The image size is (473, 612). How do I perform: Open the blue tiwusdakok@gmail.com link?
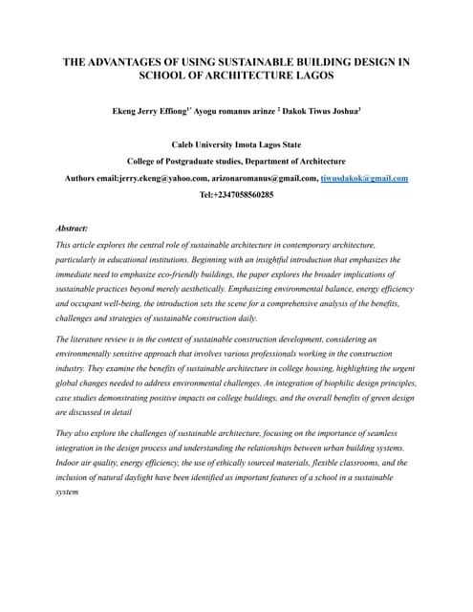coord(365,178)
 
